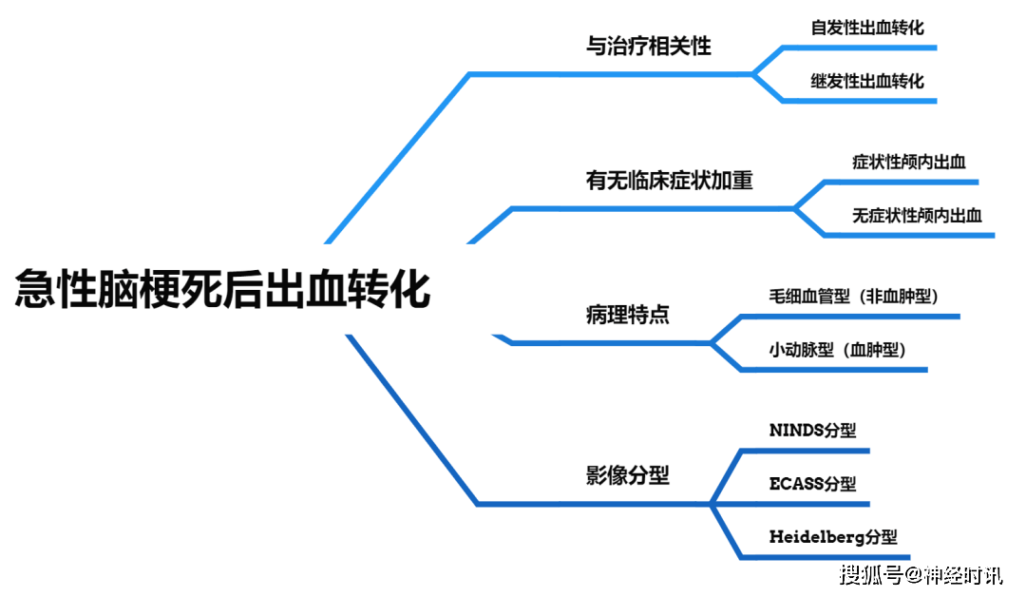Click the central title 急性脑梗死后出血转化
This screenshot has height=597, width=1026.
(222, 289)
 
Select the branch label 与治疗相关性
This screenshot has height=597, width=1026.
(648, 46)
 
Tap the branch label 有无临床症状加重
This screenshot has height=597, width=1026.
(670, 181)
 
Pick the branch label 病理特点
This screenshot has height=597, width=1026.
(628, 315)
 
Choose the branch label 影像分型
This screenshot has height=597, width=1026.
(628, 475)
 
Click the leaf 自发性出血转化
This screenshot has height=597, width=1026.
(867, 27)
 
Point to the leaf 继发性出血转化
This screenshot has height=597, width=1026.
(867, 81)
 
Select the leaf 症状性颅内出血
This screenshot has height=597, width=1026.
(909, 162)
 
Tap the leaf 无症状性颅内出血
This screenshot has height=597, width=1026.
(917, 215)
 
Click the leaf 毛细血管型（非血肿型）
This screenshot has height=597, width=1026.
(854, 297)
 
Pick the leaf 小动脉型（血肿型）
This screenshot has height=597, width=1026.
(838, 350)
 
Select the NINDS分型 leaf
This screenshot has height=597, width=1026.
(806, 431)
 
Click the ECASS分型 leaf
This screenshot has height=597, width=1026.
(812, 484)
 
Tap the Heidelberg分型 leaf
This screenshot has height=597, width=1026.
(832, 537)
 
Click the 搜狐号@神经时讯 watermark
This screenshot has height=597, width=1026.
(921, 574)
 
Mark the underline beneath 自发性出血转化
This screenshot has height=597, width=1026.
(860, 47)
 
